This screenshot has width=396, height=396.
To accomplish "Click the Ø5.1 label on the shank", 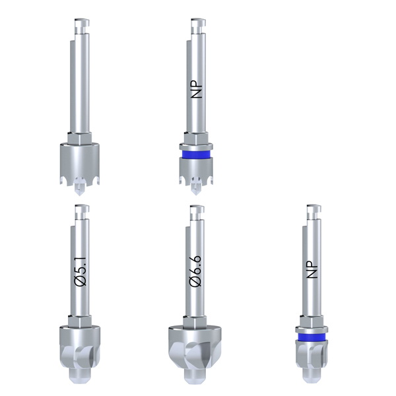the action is (81, 271).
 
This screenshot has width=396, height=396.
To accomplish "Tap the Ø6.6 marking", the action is (196, 271).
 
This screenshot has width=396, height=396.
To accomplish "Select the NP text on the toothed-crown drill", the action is (197, 89).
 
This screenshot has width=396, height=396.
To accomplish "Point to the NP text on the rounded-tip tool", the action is (312, 269).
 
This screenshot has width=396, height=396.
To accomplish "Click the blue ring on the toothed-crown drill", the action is (196, 154).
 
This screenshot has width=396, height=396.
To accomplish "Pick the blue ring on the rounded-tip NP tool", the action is (312, 337).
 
